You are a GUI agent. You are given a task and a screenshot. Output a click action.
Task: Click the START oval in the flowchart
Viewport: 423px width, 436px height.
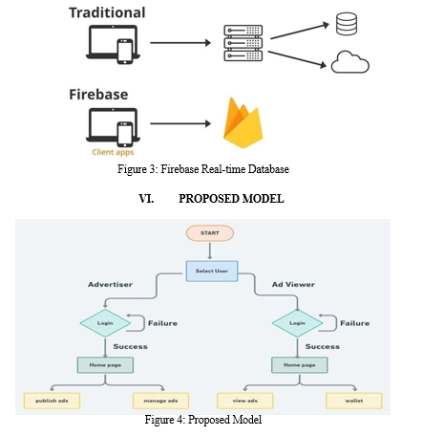coord(210,233)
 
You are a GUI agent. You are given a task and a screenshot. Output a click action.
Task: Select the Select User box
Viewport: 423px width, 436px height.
coord(212,271)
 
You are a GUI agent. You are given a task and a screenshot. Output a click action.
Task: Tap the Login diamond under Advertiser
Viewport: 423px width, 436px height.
coord(105,323)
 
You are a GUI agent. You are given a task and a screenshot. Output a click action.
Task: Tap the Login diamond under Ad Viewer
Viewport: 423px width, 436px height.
coord(297,323)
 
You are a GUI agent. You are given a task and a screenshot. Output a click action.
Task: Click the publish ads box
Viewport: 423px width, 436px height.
coord(52,401)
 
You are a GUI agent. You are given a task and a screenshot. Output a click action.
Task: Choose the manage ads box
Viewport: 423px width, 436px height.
coord(160,401)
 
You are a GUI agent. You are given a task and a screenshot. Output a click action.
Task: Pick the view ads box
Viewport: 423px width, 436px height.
coord(245,401)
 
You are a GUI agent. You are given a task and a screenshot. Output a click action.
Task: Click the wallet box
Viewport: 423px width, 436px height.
coord(354,401)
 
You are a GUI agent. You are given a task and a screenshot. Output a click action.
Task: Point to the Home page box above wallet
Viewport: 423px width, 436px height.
coord(299,365)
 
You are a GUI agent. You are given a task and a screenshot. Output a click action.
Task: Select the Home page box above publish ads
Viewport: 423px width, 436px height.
coord(105,365)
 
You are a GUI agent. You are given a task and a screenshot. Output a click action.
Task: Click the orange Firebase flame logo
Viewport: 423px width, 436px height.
coord(243,123)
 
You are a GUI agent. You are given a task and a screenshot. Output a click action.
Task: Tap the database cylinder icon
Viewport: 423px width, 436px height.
coord(347,24)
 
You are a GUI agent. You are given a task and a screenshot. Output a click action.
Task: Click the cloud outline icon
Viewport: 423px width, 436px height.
coord(350,62)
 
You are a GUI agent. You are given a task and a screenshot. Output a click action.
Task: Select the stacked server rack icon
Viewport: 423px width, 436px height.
coord(243,43)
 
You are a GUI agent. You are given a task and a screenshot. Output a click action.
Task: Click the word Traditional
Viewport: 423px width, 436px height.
coord(107,12)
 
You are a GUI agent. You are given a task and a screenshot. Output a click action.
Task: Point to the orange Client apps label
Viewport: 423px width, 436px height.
coord(113,152)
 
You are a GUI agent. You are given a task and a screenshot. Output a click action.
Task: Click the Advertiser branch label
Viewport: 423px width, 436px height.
coord(110,285)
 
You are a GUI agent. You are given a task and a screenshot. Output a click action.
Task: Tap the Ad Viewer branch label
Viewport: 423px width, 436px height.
coord(293,285)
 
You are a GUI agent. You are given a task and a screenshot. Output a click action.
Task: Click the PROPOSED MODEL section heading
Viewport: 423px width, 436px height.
coord(231,199)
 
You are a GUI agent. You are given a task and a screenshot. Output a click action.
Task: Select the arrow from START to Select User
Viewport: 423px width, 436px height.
coord(210,251)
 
